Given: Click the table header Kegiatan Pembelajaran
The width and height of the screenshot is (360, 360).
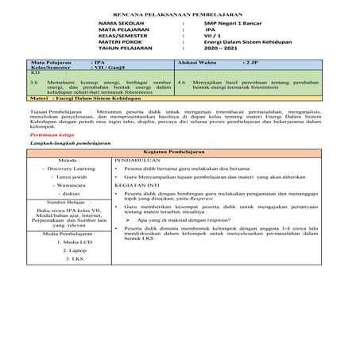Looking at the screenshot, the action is tap(180, 151).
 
